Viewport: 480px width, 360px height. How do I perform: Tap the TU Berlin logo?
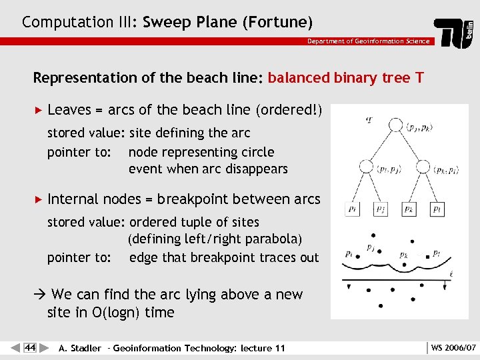(454, 33)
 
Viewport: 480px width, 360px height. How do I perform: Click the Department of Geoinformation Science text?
(368, 41)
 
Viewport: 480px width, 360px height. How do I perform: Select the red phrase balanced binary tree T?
(345, 78)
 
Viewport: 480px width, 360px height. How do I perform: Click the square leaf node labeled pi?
(353, 209)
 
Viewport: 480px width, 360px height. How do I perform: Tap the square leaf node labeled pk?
(409, 209)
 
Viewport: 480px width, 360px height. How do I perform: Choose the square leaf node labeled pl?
(437, 209)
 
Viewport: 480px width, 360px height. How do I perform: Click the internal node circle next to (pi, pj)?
(366, 167)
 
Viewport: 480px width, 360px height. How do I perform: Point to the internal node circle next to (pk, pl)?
(423, 167)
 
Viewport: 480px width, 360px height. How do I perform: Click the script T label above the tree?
(370, 120)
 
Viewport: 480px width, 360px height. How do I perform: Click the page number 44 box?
(30, 347)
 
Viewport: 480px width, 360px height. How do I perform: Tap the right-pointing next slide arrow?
(44, 347)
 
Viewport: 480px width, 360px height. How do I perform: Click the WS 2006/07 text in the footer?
(453, 348)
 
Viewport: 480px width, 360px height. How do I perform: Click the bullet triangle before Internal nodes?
(37, 199)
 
